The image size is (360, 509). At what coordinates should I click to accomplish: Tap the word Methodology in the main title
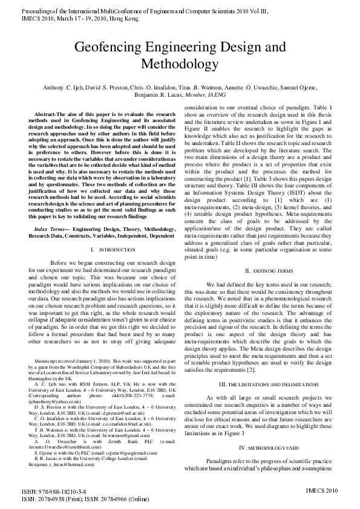tap(180, 63)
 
